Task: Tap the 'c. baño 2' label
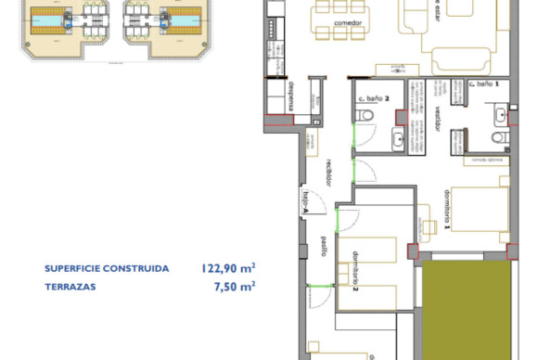pyautogui.click(x=374, y=97)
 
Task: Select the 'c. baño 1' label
pyautogui.click(x=484, y=84)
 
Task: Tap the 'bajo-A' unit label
pyautogui.click(x=303, y=201)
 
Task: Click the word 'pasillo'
pyautogui.click(x=323, y=245)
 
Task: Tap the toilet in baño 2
pyautogui.click(x=367, y=116)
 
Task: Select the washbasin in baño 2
pyautogui.click(x=398, y=139)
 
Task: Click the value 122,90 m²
pyautogui.click(x=227, y=268)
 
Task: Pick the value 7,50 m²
pyautogui.click(x=235, y=287)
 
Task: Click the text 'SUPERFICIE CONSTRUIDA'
pyautogui.click(x=107, y=268)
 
